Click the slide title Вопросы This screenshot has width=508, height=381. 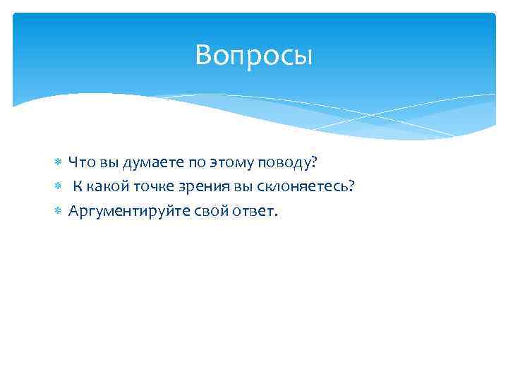click(x=253, y=55)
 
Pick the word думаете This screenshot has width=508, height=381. click(x=151, y=163)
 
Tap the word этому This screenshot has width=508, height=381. click(x=237, y=163)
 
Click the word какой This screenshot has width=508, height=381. click(x=110, y=187)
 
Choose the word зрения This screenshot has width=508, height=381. click(x=207, y=187)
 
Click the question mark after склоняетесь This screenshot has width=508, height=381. click(x=351, y=187)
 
